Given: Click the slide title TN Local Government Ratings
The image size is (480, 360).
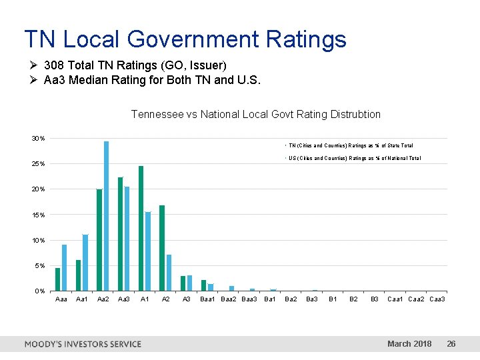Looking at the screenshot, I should (x=185, y=39).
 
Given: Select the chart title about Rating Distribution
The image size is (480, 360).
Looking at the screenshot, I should (x=256, y=114).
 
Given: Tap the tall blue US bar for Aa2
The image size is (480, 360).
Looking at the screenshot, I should (x=106, y=216).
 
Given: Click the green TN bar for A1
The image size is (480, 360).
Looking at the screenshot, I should (x=141, y=228).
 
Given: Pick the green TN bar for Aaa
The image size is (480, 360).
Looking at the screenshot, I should (x=58, y=279).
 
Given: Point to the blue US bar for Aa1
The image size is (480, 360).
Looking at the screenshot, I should (x=85, y=263).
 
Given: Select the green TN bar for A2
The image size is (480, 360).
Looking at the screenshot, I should (x=162, y=248).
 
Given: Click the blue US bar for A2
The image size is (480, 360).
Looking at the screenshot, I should (x=169, y=273).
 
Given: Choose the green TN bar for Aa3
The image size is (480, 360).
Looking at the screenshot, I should (x=120, y=234).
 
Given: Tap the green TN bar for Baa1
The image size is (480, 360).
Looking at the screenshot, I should (x=203, y=285).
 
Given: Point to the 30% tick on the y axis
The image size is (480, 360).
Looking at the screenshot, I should (x=39, y=139).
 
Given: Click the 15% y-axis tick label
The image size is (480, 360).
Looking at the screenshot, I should (x=39, y=215).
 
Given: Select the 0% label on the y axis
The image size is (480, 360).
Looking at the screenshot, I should (x=40, y=291).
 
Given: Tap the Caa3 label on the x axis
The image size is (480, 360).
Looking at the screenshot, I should (x=437, y=299).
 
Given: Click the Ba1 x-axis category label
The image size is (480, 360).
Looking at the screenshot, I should (x=270, y=299).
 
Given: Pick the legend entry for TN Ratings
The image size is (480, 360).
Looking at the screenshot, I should (x=350, y=145).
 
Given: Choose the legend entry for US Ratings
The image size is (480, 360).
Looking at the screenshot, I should (x=354, y=158).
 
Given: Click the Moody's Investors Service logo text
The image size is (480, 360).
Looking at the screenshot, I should (x=83, y=344).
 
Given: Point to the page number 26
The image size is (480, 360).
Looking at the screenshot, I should (x=451, y=344).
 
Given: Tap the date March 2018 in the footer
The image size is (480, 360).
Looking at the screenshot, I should (x=409, y=344).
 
